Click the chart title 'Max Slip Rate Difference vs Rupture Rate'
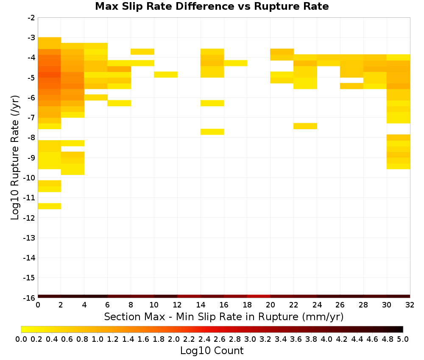click(x=212, y=6)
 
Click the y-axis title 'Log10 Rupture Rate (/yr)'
click(x=15, y=158)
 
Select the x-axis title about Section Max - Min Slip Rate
click(x=223, y=316)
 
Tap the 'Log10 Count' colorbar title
click(x=212, y=351)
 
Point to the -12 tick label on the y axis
click(x=29, y=218)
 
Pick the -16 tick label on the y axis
click(x=29, y=298)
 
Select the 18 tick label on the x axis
click(x=247, y=305)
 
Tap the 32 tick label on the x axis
click(x=410, y=305)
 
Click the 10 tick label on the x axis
click(x=154, y=305)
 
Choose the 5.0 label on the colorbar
click(x=403, y=339)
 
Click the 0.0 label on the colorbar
click(x=21, y=339)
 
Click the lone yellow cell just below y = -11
click(x=50, y=206)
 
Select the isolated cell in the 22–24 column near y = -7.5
click(x=305, y=126)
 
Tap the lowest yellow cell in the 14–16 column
click(x=212, y=132)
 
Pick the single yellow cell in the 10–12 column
click(x=166, y=75)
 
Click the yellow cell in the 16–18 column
click(x=235, y=63)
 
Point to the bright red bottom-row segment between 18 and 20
click(x=259, y=296)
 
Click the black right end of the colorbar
click(x=401, y=329)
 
